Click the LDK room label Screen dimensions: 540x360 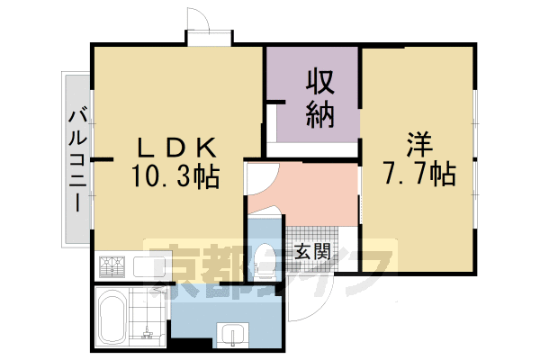176,147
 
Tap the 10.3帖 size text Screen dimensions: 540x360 175,176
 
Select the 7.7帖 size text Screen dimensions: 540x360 419,174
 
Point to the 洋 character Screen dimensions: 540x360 419,144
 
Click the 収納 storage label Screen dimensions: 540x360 320,98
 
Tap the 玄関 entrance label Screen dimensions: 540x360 312,251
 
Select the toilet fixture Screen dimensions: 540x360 264,262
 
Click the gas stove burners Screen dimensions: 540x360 112,266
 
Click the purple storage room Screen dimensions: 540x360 316,94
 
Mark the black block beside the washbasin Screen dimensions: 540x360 191,344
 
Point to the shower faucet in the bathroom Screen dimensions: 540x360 148,332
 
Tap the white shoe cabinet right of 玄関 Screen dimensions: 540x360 348,249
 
